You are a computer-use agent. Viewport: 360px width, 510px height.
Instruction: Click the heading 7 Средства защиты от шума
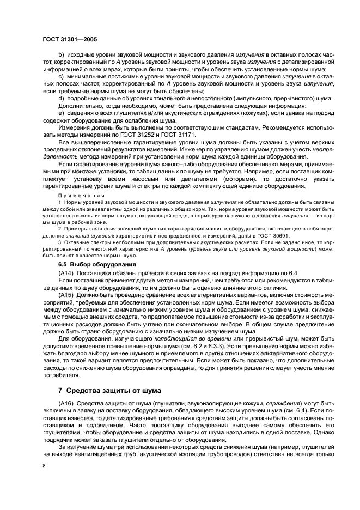click(116, 390)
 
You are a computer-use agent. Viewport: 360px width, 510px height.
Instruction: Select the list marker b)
click(61, 56)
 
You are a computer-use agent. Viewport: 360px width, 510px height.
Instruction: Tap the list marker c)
click(61, 77)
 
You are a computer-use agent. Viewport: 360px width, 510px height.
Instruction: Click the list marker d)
click(61, 98)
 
